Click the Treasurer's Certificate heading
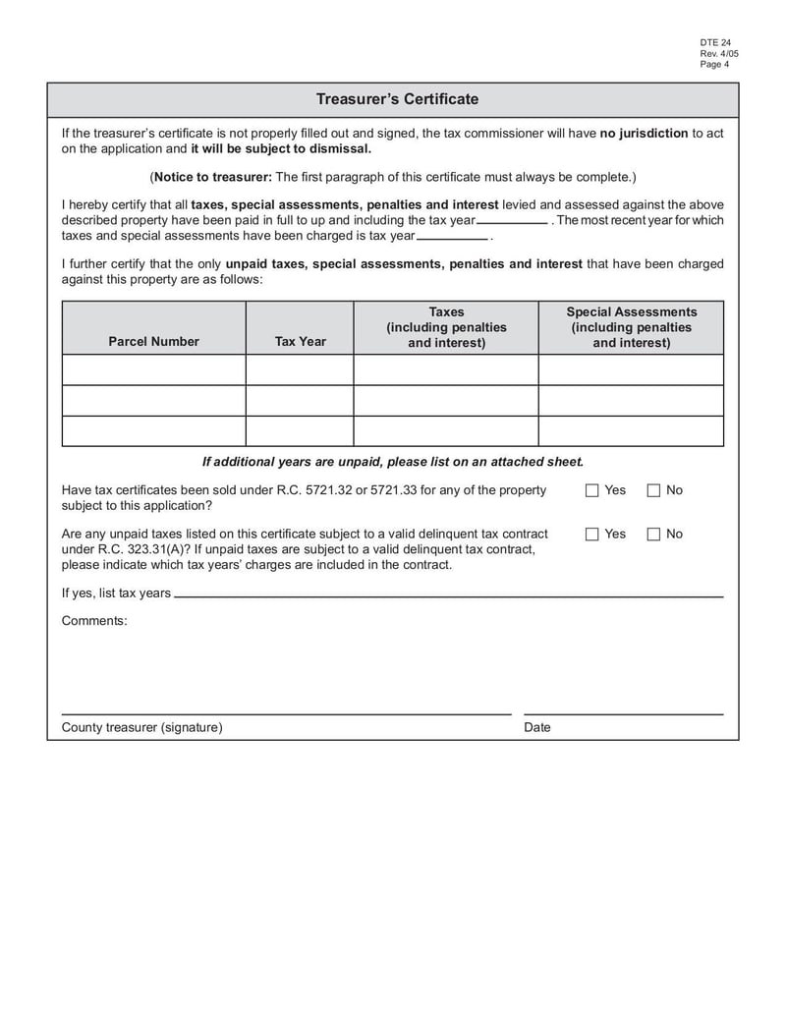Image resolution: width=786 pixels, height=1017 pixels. click(x=397, y=99)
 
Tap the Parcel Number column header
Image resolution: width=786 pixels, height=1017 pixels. click(x=153, y=342)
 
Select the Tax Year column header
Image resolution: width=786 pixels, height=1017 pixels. click(x=300, y=342)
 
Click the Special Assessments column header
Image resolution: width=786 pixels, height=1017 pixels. click(x=631, y=327)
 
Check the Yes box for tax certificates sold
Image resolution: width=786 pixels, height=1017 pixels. click(x=592, y=490)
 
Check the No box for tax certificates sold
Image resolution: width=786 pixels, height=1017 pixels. click(x=653, y=490)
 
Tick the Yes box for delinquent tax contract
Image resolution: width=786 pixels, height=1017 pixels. click(x=592, y=535)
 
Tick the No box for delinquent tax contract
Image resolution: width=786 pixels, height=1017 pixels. click(x=653, y=535)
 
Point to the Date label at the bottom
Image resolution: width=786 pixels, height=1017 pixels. click(x=537, y=728)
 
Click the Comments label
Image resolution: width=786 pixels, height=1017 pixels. click(x=94, y=621)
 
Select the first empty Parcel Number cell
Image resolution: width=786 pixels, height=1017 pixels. click(x=153, y=370)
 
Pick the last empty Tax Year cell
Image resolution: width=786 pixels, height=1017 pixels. click(x=300, y=431)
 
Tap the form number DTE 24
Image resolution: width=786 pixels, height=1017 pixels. click(x=715, y=43)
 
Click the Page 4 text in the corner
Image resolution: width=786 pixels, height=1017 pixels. click(x=714, y=65)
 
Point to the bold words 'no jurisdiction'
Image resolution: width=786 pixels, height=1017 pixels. click(x=644, y=134)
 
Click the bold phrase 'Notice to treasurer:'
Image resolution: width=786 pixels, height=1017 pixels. click(x=212, y=177)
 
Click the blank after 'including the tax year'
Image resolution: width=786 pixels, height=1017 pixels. click(x=512, y=220)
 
